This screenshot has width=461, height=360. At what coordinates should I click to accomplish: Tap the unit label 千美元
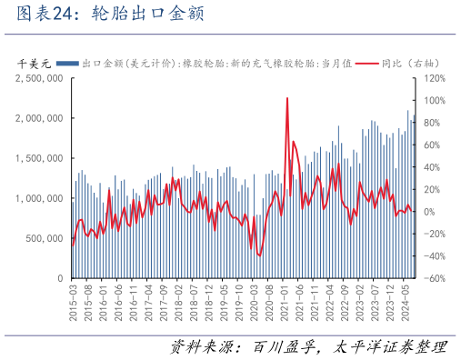[x=35, y=64]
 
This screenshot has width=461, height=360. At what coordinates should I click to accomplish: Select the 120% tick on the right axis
[x=433, y=79]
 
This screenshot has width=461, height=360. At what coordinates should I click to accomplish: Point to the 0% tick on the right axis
[x=429, y=212]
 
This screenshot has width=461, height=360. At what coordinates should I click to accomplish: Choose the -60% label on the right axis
[x=432, y=279]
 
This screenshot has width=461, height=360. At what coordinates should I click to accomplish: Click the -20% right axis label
[x=432, y=235]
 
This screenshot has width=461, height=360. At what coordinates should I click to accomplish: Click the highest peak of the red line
[x=287, y=98]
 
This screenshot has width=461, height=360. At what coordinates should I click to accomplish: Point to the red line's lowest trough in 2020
[x=259, y=255]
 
